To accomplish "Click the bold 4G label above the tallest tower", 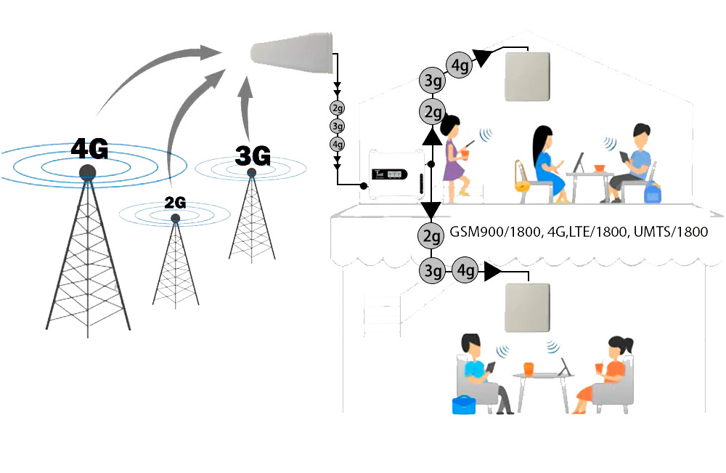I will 89,148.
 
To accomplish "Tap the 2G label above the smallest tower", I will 175,203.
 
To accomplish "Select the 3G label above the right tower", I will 253,155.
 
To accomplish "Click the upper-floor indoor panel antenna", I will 528,76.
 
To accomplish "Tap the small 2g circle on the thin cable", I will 337,109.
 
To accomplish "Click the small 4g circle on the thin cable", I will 337,144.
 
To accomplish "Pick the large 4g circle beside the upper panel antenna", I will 460,65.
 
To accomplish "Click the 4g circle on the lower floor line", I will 465,271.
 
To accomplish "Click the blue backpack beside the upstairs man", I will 651,193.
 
